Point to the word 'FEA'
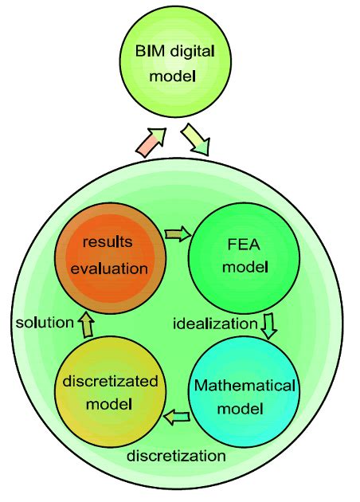point(245,245)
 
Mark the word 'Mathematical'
point(245,386)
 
